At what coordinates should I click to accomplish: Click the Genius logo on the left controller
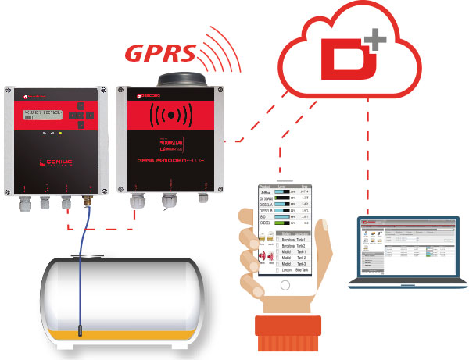coord(54,162)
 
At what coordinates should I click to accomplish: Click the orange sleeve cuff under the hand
coord(288,336)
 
